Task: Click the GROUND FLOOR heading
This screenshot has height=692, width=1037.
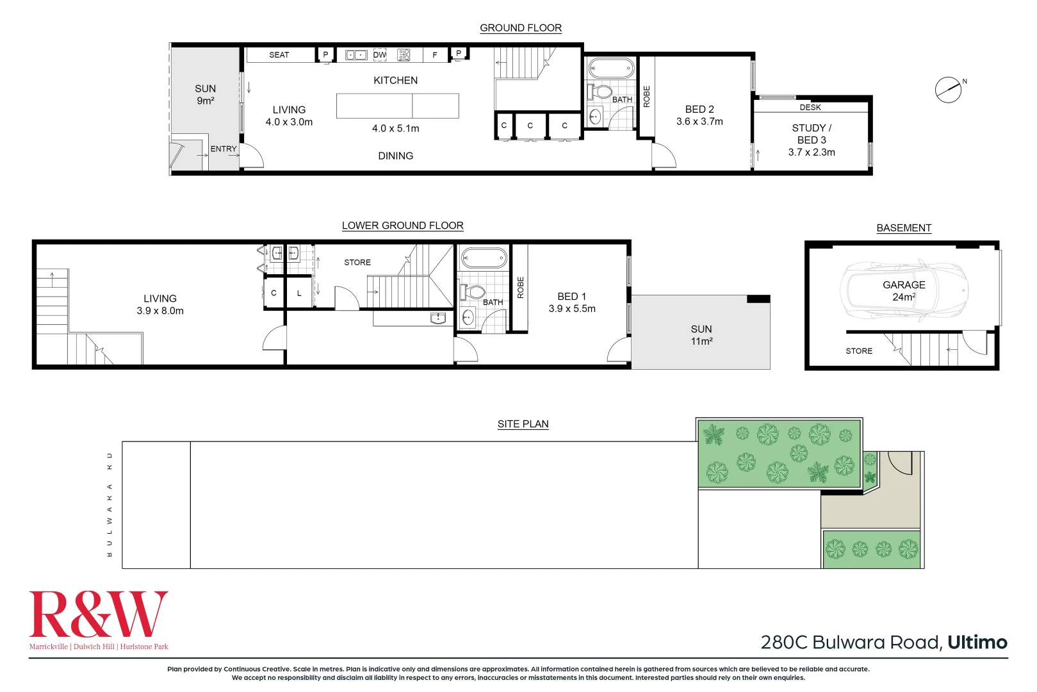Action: [520, 28]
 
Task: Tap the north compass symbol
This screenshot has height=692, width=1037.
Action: [949, 90]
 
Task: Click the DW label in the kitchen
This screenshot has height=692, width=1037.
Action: [380, 55]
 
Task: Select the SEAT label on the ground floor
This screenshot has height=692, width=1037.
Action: [279, 55]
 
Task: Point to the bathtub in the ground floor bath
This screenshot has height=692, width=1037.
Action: [611, 67]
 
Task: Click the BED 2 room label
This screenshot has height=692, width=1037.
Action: [699, 110]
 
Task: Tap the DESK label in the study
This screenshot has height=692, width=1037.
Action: [810, 108]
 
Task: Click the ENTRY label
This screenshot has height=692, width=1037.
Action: [224, 149]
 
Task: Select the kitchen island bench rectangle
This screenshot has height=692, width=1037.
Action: [397, 106]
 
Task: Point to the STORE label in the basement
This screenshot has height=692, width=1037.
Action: [859, 351]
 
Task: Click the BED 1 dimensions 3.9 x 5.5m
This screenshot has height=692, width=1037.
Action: [572, 309]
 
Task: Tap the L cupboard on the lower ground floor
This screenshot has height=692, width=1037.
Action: [299, 293]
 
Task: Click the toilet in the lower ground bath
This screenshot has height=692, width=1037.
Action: [473, 292]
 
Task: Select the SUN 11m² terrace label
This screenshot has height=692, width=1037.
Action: [701, 335]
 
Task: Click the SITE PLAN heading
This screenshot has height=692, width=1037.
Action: [523, 424]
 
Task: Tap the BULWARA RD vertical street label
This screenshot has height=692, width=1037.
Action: [110, 504]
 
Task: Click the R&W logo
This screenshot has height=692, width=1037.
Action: [99, 615]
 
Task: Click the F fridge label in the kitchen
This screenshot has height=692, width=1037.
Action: [435, 55]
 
